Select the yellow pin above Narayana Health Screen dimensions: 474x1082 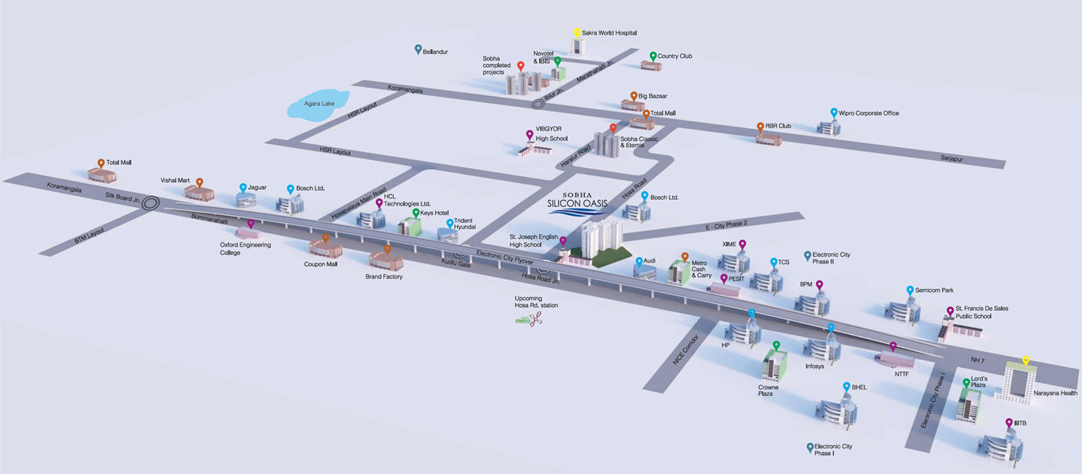(1026, 361)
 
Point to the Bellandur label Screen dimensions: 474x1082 (436, 52)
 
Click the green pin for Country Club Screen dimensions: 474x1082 (653, 56)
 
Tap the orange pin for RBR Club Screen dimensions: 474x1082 (760, 127)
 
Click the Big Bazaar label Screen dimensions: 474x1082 (653, 95)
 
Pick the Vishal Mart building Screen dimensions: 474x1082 (200, 191)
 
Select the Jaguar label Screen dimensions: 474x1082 (257, 188)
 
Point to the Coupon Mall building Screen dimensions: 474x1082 (325, 248)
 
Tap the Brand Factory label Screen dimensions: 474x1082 (384, 276)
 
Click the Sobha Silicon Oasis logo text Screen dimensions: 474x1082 (576, 201)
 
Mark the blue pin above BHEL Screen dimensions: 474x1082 (846, 387)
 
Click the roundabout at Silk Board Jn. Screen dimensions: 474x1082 (151, 203)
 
